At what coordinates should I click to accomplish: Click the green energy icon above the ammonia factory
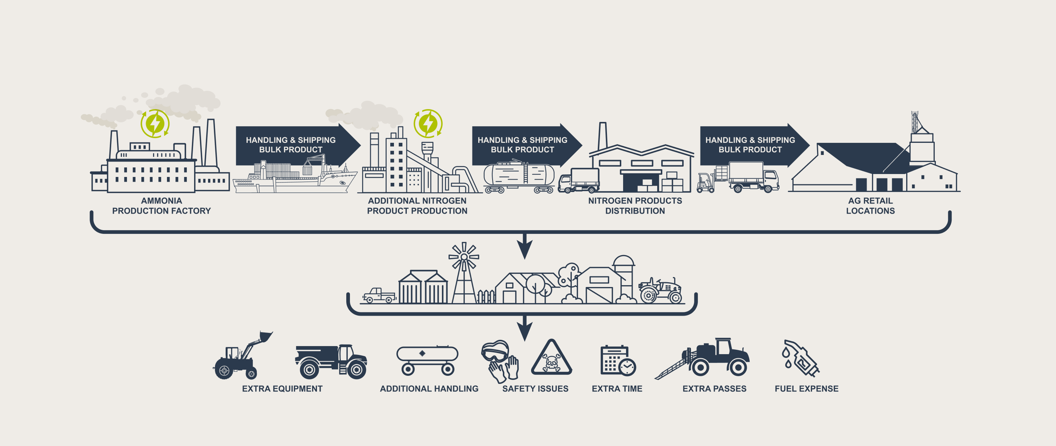(x=155, y=123)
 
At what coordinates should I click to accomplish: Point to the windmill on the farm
(x=464, y=273)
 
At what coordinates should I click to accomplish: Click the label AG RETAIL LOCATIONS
(x=870, y=206)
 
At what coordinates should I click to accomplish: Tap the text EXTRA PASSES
(x=714, y=388)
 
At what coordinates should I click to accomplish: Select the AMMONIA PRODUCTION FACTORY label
(x=161, y=206)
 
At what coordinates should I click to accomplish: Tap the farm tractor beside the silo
(x=660, y=290)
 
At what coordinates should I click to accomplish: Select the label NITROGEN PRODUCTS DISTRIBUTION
(x=635, y=206)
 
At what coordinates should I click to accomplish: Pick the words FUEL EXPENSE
(x=806, y=388)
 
